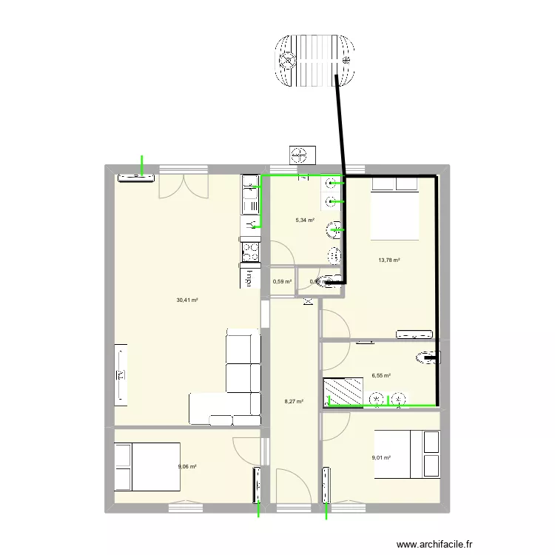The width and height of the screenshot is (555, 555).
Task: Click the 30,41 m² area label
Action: click(x=186, y=300)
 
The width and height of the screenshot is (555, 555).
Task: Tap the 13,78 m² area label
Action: click(x=388, y=260)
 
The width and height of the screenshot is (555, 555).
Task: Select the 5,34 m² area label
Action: click(x=305, y=220)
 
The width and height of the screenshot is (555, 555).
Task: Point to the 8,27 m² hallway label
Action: click(x=294, y=402)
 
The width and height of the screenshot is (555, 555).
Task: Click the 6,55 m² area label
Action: click(x=381, y=376)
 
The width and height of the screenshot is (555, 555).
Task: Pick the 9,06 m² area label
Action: click(x=187, y=467)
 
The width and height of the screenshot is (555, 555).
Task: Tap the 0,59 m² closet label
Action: click(x=282, y=281)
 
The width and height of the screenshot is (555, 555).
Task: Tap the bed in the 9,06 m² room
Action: click(x=147, y=466)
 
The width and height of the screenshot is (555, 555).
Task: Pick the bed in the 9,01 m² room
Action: click(x=399, y=454)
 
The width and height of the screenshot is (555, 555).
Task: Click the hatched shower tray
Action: click(x=343, y=391)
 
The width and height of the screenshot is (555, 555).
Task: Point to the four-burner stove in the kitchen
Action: click(x=250, y=252)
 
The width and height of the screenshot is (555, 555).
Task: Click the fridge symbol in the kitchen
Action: click(x=249, y=280)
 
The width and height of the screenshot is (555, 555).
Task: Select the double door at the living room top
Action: click(x=182, y=186)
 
